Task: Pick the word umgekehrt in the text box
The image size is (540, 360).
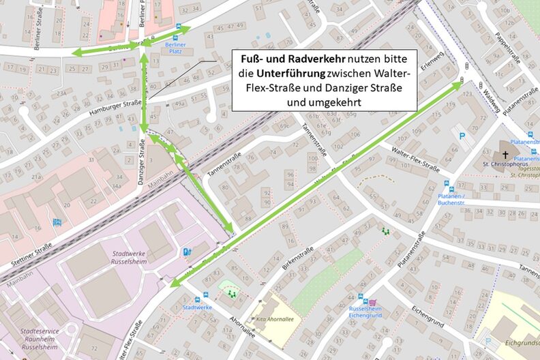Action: [x=325, y=102]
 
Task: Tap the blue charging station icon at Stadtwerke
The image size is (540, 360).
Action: [x=185, y=252]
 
